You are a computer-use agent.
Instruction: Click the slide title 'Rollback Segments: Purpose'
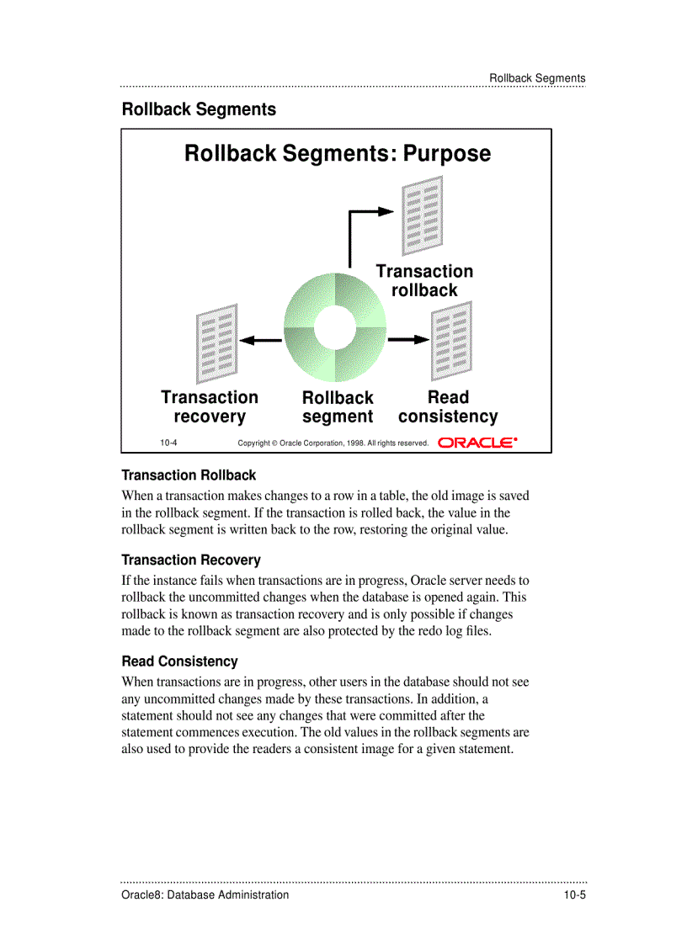point(337,154)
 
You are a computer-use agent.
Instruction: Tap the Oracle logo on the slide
point(477,442)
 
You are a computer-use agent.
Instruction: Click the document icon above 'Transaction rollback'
point(423,215)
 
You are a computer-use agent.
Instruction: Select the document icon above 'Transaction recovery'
point(216,342)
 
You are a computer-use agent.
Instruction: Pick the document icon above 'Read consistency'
point(451,340)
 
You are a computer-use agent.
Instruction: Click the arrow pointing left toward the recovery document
point(260,340)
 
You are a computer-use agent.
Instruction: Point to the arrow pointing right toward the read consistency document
point(408,339)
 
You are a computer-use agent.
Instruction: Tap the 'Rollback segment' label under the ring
point(338,407)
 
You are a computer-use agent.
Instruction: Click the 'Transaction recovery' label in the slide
point(210,406)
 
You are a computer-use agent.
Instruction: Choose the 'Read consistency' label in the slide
point(448,406)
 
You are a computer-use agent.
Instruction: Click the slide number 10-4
point(168,443)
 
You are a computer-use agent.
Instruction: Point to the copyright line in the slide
point(333,443)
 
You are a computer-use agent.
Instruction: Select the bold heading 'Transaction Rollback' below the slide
point(189,475)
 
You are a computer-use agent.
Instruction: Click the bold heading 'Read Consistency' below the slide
point(179,661)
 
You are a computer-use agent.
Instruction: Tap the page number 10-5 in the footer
point(574,895)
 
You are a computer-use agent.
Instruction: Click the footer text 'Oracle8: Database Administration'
point(205,895)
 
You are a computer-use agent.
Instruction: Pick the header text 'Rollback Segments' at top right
point(537,78)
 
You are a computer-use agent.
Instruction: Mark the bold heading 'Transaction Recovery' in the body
point(191,560)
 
